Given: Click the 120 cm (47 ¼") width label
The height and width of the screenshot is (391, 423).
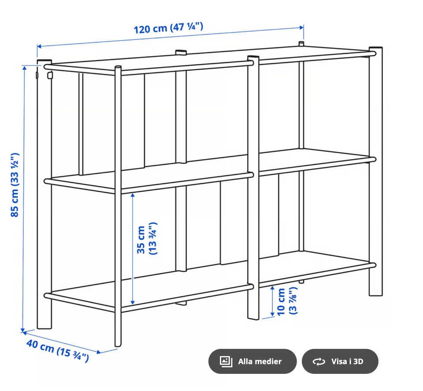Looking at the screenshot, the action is point(168,28).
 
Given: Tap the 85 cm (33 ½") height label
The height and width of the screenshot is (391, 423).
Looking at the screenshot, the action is point(15,185).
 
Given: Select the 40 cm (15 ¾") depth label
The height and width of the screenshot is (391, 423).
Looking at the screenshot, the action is point(57,350).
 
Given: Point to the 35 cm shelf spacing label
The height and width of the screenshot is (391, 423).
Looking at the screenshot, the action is point(147,239).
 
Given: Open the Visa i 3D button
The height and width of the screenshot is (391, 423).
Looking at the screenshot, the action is point(340,361).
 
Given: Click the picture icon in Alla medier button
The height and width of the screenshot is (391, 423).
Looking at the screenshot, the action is point(226,361).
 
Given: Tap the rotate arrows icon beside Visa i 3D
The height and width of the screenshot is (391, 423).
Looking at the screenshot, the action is point(319,361).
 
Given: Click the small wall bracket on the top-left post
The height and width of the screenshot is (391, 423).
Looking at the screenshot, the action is point(49,75).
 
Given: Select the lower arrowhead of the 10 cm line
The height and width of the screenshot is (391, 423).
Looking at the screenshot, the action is point(272,314).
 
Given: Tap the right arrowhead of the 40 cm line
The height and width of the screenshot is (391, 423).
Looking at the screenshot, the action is point(99,352).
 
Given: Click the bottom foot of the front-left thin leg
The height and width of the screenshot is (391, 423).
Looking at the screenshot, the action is point(118,344).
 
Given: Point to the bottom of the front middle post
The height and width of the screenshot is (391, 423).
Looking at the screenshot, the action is point(253,317).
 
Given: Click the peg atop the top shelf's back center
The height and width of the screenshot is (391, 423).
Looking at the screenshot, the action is point(181,53).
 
